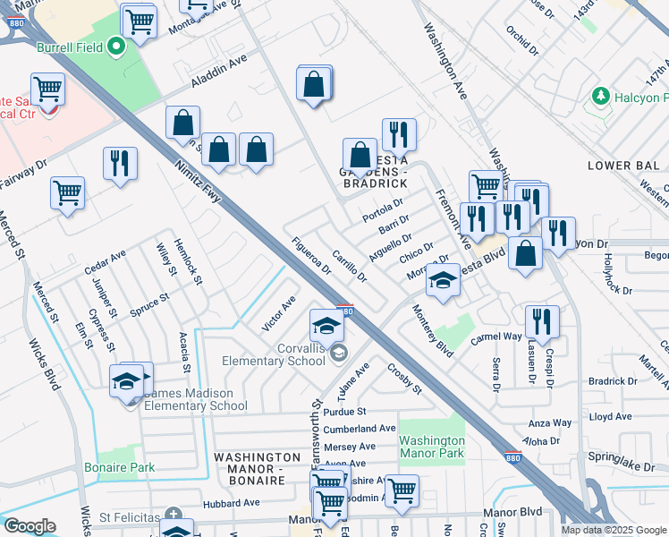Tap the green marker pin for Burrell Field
tap(115, 47)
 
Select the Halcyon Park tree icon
tap(601, 96)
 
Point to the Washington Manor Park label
tap(432, 447)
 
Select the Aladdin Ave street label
tap(218, 76)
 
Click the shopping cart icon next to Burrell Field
tap(139, 21)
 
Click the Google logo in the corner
tap(30, 526)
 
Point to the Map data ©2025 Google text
tap(613, 530)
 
